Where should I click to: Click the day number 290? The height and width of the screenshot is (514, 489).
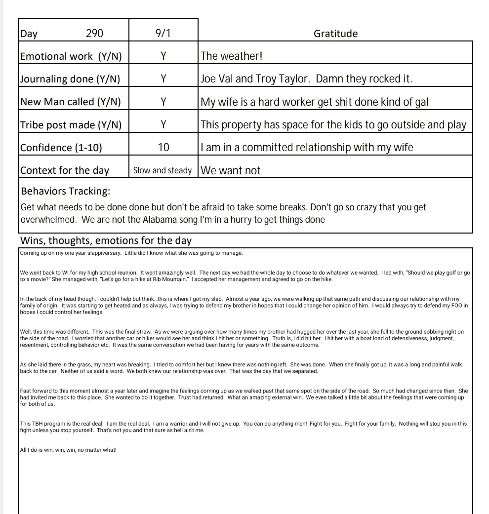pos(94,34)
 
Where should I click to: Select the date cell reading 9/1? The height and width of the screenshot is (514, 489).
pos(163,34)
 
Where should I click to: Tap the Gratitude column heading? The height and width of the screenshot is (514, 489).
pos(335,34)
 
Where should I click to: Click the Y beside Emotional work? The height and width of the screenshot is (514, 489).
pos(163,56)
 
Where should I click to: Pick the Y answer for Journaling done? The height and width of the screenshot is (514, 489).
pos(163,79)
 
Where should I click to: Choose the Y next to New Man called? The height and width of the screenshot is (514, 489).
pos(163,102)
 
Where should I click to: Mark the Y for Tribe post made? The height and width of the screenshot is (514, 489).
pos(163,125)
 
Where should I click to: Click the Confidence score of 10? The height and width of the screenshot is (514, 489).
pos(163,148)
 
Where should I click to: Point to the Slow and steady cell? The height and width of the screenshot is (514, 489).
pos(163,170)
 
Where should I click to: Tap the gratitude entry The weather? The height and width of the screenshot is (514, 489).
pos(231,56)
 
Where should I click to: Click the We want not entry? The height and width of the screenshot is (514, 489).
pos(230,170)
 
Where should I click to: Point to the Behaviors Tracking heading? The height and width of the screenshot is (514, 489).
pos(65,191)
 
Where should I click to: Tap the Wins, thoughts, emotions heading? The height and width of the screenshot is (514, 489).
pos(106,241)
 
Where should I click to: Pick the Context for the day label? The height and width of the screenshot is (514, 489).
pos(65,170)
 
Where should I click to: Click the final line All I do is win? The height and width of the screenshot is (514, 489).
pos(68,450)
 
